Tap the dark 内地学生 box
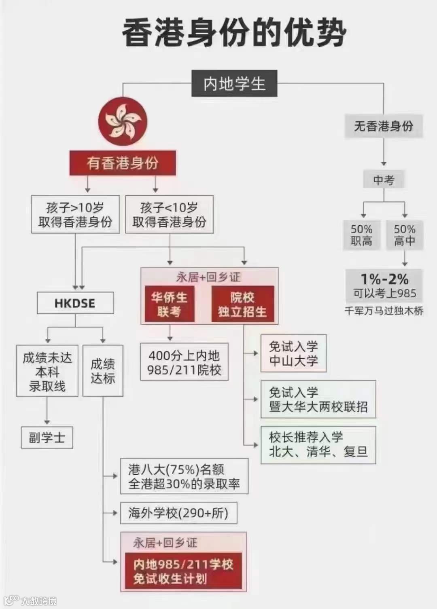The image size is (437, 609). pyautogui.click(x=234, y=84)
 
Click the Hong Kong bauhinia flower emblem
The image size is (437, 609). pyautogui.click(x=123, y=122)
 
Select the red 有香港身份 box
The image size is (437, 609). pyautogui.click(x=123, y=163)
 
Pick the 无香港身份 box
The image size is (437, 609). pyautogui.click(x=384, y=126)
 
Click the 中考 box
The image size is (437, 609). pyautogui.click(x=384, y=180)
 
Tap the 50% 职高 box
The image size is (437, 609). pyautogui.click(x=361, y=235)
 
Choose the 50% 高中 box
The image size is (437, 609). pyautogui.click(x=405, y=235)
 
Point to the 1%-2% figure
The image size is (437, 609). pyautogui.click(x=384, y=279)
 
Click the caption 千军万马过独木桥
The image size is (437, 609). pyautogui.click(x=384, y=311)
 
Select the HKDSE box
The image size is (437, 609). pyautogui.click(x=75, y=303)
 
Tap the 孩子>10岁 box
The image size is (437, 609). pyautogui.click(x=75, y=214)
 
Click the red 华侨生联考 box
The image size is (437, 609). pyautogui.click(x=170, y=304)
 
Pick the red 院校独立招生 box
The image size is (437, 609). pyautogui.click(x=242, y=304)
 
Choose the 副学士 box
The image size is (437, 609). pyautogui.click(x=47, y=438)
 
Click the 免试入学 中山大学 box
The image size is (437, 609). pyautogui.click(x=293, y=353)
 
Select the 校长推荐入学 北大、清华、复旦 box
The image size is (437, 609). pyautogui.click(x=318, y=444)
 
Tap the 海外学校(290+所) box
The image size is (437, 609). pyautogui.click(x=178, y=513)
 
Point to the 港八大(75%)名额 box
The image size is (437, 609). pyautogui.click(x=184, y=476)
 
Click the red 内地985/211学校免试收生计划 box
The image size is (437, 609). pyautogui.click(x=183, y=571)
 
